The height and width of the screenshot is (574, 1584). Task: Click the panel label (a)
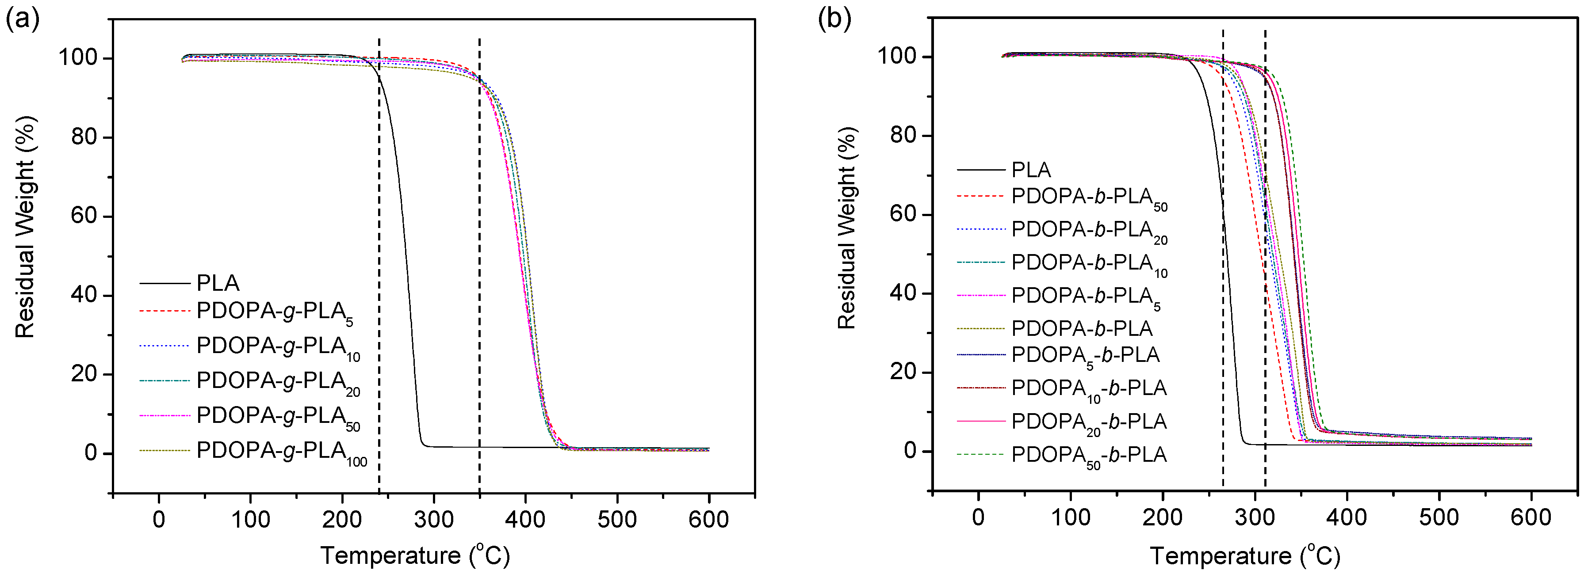pyautogui.click(x=22, y=20)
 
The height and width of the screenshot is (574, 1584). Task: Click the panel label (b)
pyautogui.click(x=834, y=20)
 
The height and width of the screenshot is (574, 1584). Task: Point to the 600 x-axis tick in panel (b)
pyautogui.click(x=1530, y=517)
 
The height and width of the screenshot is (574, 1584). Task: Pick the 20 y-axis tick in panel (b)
pyautogui.click(x=902, y=372)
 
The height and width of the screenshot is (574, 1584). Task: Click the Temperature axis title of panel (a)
pyautogui.click(x=415, y=555)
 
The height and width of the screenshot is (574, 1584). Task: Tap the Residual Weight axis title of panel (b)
pyautogui.click(x=847, y=228)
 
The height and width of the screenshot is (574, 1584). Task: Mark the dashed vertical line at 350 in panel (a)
pyautogui.click(x=479, y=184)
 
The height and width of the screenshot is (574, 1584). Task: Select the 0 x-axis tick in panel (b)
pyautogui.click(x=978, y=517)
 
